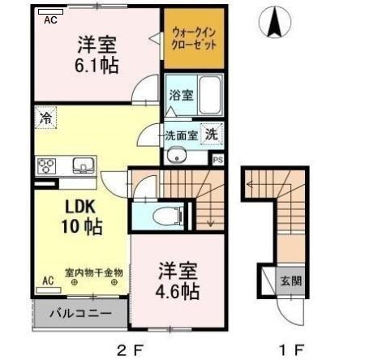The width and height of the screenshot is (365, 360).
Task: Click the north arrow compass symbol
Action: (276, 22)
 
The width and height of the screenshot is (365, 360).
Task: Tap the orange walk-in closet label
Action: (192, 38)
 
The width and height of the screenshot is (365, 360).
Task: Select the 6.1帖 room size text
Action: (98, 66)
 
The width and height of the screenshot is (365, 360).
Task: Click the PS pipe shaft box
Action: (217, 160)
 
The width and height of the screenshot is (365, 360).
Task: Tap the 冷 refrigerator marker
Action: (46, 119)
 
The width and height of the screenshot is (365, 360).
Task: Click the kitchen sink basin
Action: (83, 166)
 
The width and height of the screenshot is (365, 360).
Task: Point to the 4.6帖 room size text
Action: (176, 280)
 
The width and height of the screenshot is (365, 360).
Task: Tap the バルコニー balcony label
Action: (80, 312)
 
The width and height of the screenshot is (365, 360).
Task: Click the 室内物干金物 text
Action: (93, 273)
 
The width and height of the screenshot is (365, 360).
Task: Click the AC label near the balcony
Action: (48, 281)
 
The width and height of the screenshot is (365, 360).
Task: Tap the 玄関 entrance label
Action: (291, 281)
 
